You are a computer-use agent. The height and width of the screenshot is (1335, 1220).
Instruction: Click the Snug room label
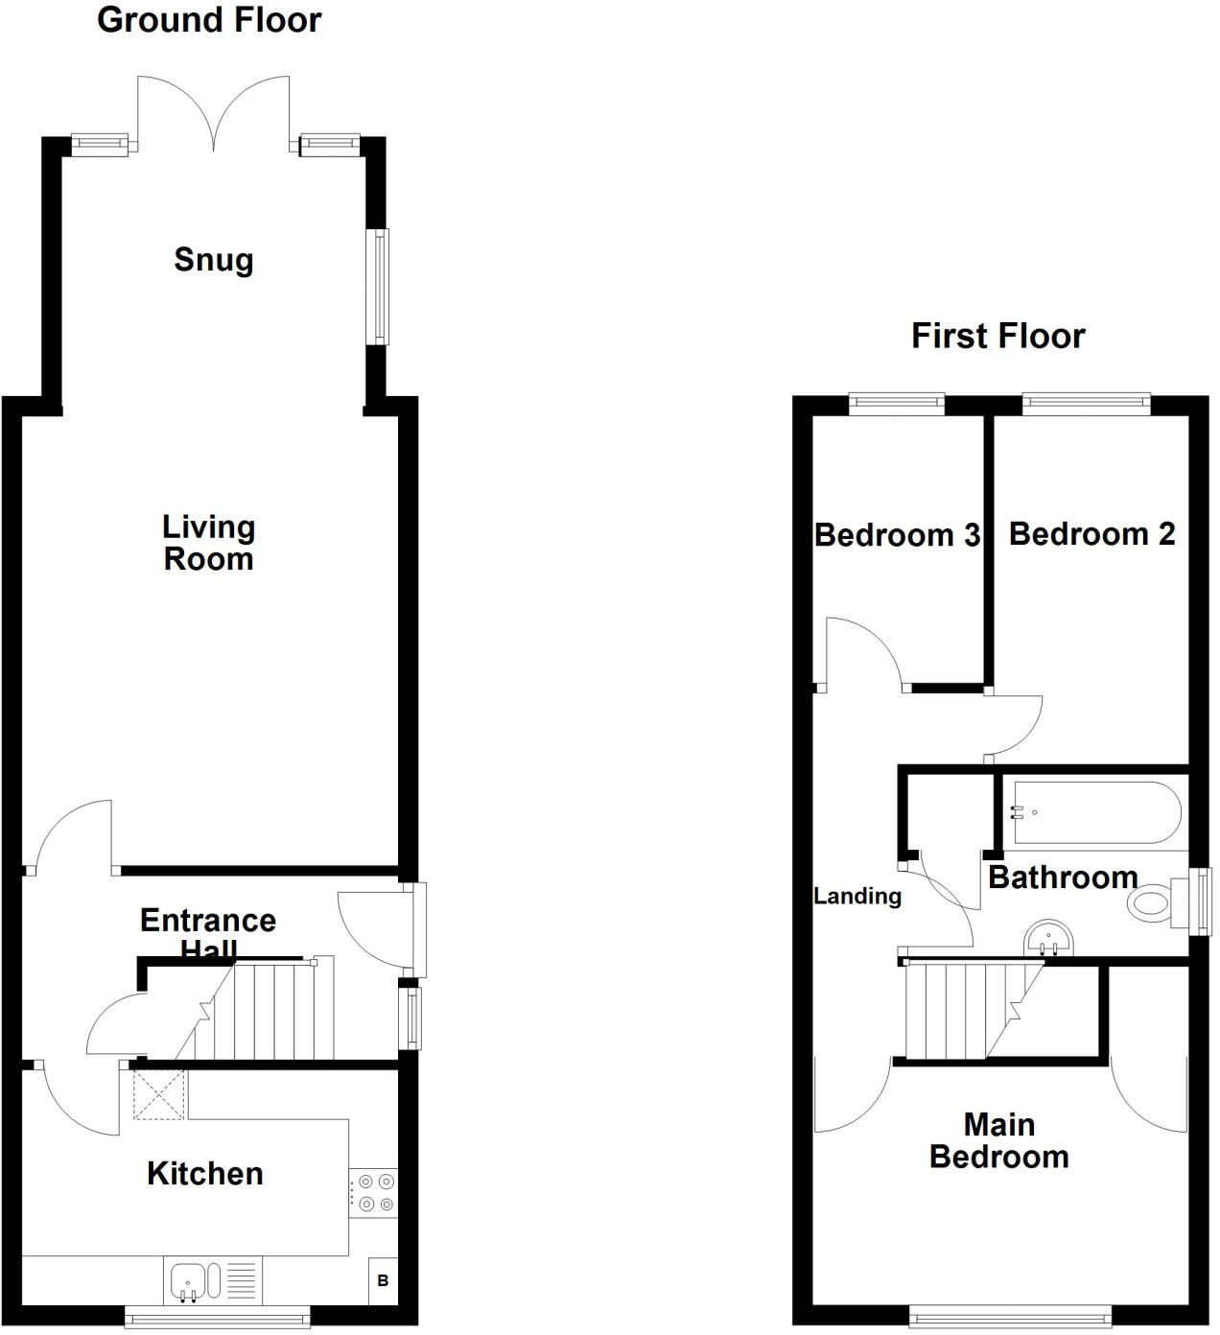point(213,260)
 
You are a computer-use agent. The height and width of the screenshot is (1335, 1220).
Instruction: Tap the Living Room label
point(208,543)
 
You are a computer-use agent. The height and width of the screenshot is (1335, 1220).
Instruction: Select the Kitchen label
point(204,1174)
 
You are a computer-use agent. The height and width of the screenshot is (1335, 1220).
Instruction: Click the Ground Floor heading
point(209,20)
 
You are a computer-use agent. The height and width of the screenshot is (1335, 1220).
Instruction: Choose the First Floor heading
point(997,337)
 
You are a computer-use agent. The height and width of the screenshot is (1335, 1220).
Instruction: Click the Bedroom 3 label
point(897,535)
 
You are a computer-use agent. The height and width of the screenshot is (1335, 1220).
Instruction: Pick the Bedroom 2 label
point(1091,534)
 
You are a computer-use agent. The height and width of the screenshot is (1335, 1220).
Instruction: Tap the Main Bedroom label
point(998,1140)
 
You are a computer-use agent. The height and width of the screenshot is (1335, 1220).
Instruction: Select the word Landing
point(857,897)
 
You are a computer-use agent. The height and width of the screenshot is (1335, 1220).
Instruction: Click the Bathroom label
point(1063,878)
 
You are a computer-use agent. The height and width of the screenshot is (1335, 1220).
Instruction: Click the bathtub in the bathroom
point(1094,813)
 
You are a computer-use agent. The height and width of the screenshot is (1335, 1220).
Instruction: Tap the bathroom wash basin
point(1047,938)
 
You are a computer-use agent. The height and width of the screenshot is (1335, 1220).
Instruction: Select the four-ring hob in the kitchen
point(373,1192)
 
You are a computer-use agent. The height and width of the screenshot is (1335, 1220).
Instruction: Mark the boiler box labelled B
point(383,1281)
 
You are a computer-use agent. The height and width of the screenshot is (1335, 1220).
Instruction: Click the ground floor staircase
point(263,1012)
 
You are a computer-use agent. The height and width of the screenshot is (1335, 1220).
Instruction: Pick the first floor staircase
point(964,1011)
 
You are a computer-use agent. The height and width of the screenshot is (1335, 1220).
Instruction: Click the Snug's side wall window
point(380,287)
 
